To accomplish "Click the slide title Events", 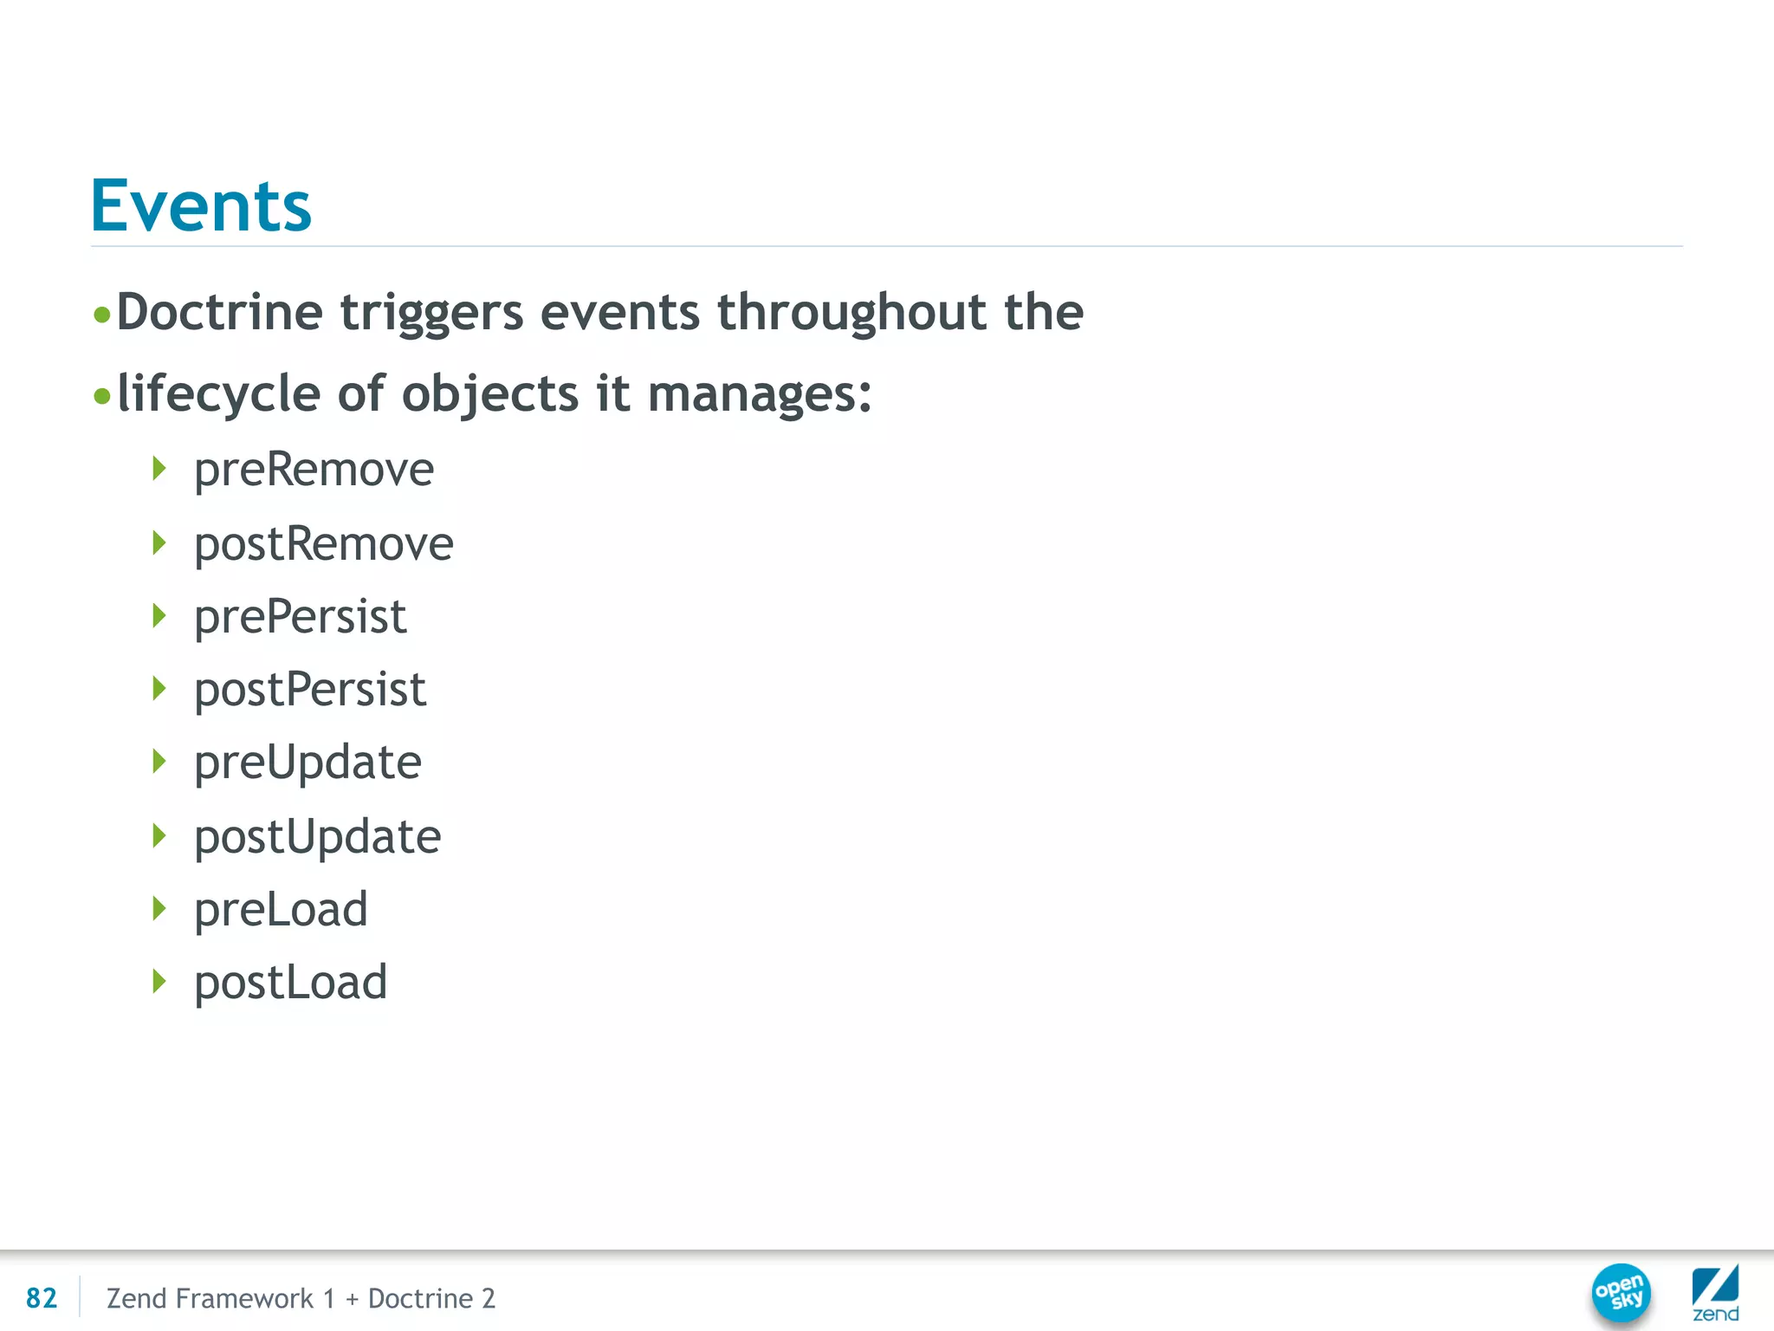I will coord(201,206).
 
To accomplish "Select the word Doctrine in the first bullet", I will coord(219,312).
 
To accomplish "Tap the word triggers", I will coord(431,314).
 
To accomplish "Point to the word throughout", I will coord(851,312).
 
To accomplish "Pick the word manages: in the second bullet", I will coord(760,394).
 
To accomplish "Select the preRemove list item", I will coord(314,470).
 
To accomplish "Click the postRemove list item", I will coord(323,544).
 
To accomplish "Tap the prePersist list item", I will coord(300,617).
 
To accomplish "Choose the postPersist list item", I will coord(310,690).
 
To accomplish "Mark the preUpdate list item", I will coord(308,763).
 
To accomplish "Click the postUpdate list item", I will coord(317,837).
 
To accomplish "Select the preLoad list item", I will coord(281,910).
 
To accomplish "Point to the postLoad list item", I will coord(290,983).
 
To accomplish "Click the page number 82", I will coord(42,1298).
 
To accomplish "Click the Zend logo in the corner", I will coord(1715,1293).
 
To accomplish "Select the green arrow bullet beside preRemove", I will coord(159,469).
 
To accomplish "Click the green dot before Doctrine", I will coord(102,315).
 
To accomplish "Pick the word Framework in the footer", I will coord(244,1298).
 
